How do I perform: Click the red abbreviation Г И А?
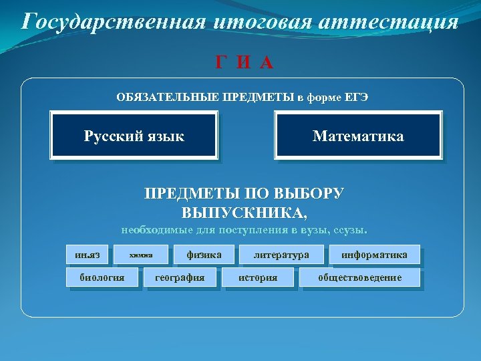244,63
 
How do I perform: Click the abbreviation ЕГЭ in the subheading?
356,98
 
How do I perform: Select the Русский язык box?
134,136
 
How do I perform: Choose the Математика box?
358,136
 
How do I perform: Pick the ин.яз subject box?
88,255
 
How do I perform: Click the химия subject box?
141,255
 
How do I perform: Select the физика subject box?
204,255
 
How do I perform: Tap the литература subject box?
281,255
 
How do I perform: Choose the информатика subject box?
374,255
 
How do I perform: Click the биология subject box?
102,277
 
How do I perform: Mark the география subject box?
180,277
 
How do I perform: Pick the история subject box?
258,277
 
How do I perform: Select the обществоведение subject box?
360,277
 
